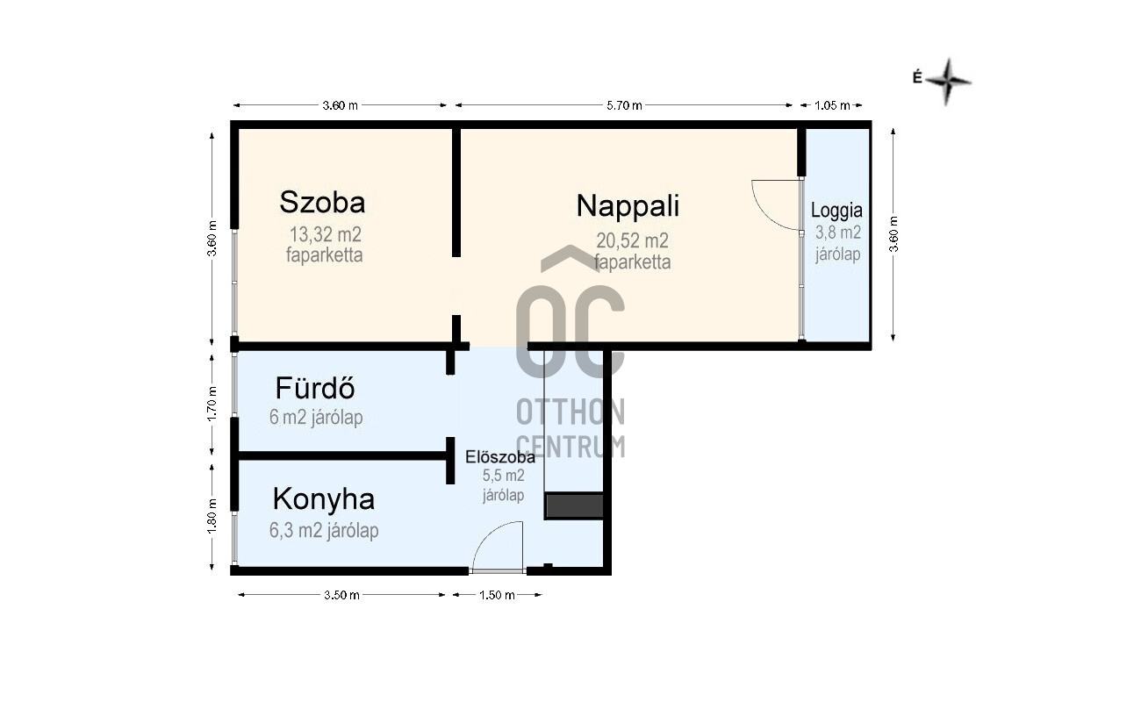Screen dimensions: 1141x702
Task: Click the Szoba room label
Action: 322,202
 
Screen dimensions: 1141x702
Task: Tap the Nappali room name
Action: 628,206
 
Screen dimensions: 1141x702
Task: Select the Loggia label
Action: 836,211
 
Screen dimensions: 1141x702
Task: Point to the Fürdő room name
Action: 315,388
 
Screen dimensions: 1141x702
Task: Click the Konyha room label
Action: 324,499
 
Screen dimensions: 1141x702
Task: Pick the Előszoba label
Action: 500,457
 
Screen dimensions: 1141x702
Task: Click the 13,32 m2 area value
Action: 326,234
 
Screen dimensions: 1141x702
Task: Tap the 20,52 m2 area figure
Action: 632,240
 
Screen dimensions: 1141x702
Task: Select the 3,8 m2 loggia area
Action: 838,233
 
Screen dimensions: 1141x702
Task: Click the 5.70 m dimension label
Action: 624,105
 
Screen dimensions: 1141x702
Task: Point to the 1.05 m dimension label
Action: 832,105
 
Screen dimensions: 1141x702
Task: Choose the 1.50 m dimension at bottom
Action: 497,595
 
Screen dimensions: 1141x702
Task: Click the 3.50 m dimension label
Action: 341,595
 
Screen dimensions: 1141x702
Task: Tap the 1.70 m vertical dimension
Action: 212,404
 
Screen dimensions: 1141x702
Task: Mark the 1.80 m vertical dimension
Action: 212,516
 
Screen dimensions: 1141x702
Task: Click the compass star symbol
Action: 947,82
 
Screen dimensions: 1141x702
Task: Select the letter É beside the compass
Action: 917,77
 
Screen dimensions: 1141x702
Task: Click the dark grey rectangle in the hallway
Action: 574,505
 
